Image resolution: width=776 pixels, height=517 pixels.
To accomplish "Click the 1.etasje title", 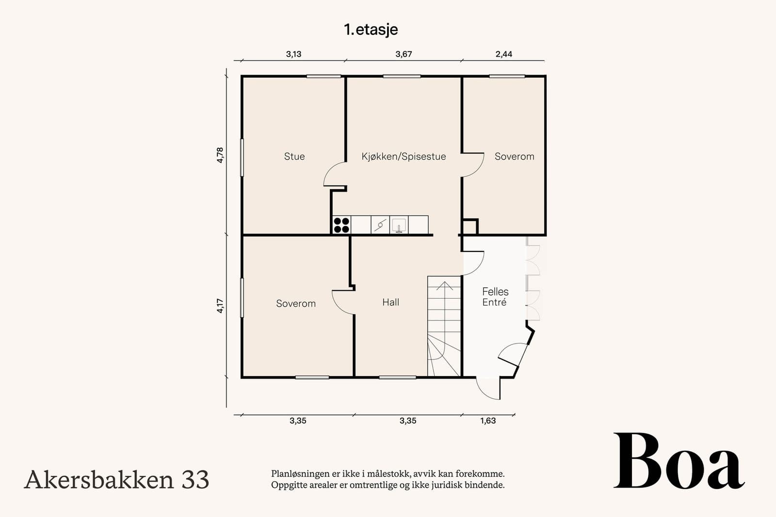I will click(371, 30).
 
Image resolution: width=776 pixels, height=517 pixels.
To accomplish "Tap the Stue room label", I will click(294, 157).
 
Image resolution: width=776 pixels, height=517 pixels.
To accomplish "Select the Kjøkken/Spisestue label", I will click(404, 157).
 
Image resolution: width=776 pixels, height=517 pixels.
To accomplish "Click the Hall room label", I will click(390, 302).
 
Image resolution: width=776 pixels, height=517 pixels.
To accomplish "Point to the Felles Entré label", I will click(495, 297).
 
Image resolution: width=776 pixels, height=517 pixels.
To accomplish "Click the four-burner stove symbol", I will click(341, 225).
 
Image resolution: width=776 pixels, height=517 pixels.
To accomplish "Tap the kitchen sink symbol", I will click(399, 225).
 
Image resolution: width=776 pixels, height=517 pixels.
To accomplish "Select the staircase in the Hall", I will click(444, 327).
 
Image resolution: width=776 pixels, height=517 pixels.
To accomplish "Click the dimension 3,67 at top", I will click(404, 54).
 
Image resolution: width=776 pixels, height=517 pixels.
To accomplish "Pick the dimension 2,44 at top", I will click(504, 54).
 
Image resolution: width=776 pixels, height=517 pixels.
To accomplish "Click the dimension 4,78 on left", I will click(220, 155).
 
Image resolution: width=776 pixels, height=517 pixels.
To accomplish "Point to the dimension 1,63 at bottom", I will click(488, 421).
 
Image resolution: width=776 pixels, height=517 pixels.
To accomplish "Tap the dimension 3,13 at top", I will click(293, 54).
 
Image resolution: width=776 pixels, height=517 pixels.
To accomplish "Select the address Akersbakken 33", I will click(116, 480).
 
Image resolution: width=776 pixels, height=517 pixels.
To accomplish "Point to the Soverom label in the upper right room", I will click(514, 157).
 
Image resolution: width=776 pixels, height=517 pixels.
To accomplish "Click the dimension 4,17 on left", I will click(220, 306).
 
